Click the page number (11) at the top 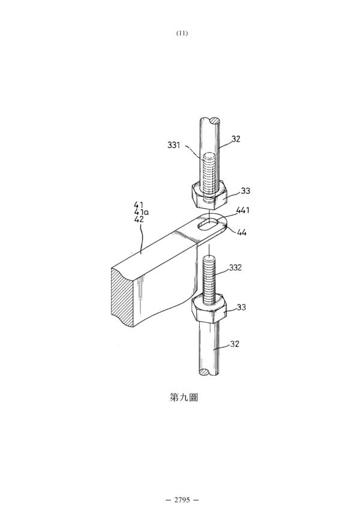point(182,33)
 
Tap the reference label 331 point(174,145)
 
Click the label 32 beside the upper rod point(236,139)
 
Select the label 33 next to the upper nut point(245,191)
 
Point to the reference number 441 point(243,210)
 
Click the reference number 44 point(242,232)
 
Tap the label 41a point(141,212)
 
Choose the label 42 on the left point(139,219)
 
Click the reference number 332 point(235,268)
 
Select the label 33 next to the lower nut point(241,307)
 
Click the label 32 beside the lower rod point(235,344)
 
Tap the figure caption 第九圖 point(184,397)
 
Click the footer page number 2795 point(182,500)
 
